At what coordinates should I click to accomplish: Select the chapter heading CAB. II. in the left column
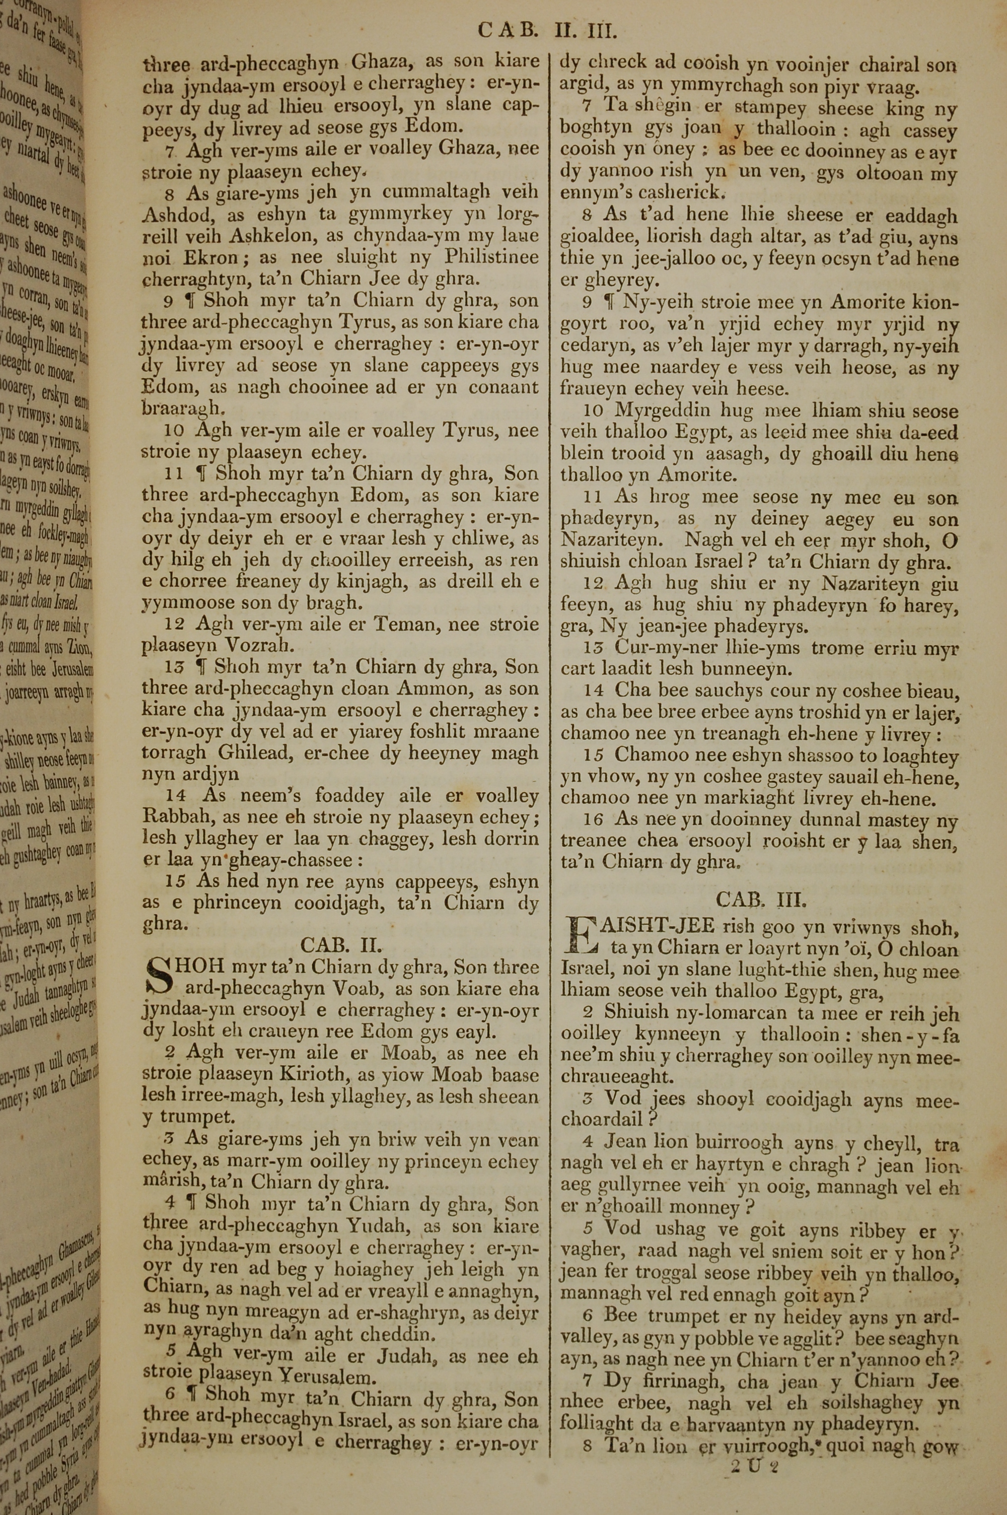click(x=341, y=945)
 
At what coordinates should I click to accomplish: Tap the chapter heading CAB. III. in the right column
click(x=760, y=898)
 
